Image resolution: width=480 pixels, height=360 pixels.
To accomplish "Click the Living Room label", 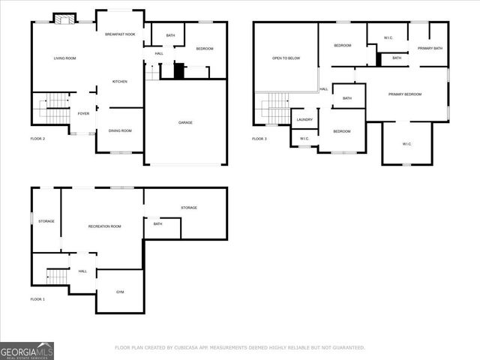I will (64, 58).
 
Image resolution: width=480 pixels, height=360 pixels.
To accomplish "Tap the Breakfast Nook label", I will (119, 35).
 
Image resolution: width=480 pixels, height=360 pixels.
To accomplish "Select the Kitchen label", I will (119, 81).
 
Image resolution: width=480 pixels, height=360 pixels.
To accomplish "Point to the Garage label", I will (185, 122).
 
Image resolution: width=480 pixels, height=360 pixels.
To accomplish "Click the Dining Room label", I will (120, 131).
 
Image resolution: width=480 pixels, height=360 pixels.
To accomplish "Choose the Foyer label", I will (83, 113).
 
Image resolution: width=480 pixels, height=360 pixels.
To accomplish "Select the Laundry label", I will (304, 119).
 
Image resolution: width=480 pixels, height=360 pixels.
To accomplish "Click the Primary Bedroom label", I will (404, 94).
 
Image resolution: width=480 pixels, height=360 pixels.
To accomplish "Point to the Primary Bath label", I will (430, 49).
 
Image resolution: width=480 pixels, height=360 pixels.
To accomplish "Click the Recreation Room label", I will (104, 226).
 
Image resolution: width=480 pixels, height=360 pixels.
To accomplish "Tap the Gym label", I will (120, 292).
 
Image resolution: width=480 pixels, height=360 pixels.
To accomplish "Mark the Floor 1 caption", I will (37, 299).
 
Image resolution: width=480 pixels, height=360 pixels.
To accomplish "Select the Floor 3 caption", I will (259, 139).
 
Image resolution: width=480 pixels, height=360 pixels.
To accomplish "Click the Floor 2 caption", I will (37, 139).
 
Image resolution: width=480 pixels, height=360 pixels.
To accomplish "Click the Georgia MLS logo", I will (27, 350).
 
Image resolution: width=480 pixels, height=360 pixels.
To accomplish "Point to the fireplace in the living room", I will (66, 19).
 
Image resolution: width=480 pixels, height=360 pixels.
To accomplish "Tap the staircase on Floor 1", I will (58, 276).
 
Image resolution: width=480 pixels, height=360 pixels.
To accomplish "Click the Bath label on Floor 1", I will (157, 223).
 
